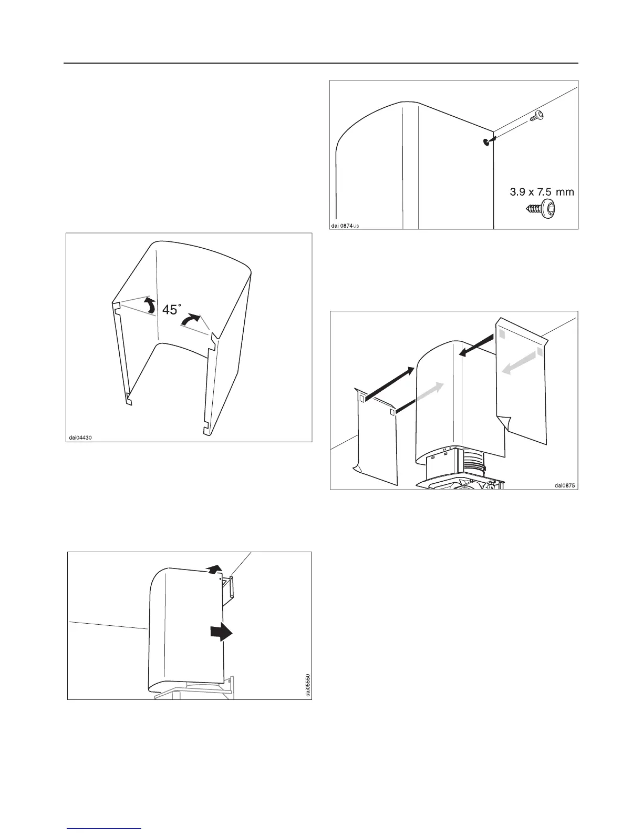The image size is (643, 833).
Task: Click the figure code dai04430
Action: coord(81,437)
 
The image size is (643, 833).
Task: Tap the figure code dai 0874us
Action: coord(345,226)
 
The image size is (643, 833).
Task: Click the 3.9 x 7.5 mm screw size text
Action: coord(542,192)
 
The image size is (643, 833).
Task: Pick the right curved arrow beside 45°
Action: coord(190,319)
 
